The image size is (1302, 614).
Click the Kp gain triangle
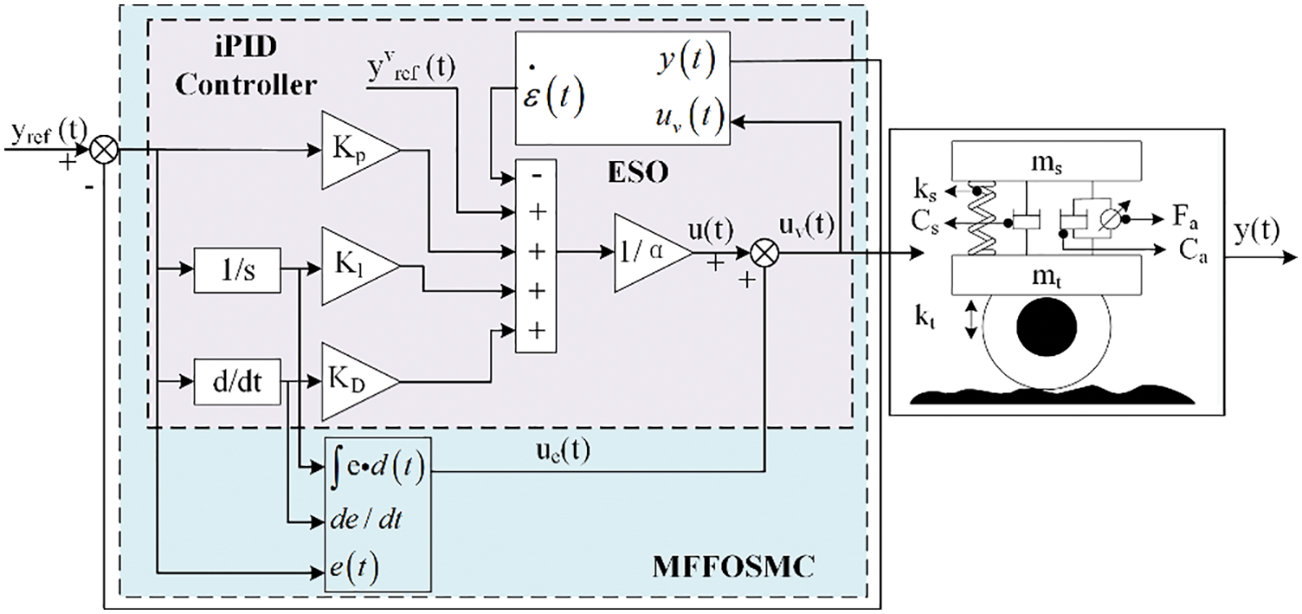[x=360, y=150]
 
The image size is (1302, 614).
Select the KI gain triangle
[x=360, y=266]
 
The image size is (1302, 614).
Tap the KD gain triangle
[x=360, y=381]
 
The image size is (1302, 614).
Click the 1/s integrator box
[x=237, y=270]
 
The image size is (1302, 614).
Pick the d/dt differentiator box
[x=237, y=382]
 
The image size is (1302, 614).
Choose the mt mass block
[x=1046, y=275]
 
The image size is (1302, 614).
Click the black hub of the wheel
[x=1047, y=326]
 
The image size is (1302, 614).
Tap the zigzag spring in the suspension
[x=983, y=218]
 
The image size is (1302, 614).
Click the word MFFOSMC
[x=733, y=566]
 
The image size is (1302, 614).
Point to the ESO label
[x=638, y=172]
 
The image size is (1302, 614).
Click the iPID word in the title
[x=245, y=47]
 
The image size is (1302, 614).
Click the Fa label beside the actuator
[x=1185, y=217]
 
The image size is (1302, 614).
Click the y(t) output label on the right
[x=1257, y=232]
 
